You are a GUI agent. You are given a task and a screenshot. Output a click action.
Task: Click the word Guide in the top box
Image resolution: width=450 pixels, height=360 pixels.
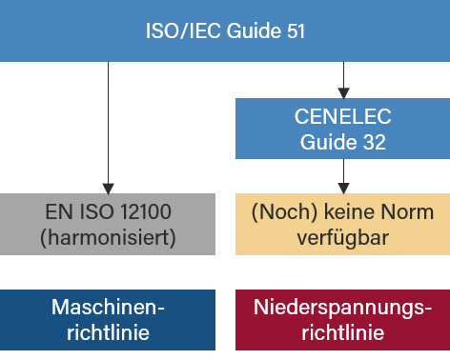252,31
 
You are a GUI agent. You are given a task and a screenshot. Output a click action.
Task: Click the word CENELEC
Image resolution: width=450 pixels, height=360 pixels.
343,118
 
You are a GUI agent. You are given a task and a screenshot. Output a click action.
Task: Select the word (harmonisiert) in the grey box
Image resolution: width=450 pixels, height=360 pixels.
108,237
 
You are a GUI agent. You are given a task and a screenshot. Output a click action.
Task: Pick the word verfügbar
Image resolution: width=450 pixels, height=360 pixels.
343,237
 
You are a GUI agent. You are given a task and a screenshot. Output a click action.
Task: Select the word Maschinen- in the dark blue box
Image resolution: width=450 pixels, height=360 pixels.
108,308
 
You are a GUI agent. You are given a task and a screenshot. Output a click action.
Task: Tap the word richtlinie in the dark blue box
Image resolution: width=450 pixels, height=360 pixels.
108,332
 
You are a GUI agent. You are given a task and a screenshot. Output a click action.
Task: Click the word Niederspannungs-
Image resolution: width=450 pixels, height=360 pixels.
343,308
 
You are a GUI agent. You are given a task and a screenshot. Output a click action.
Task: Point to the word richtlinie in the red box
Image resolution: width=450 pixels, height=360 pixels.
343,332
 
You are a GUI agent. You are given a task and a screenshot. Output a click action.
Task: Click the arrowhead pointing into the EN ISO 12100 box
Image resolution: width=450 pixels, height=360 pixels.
109,188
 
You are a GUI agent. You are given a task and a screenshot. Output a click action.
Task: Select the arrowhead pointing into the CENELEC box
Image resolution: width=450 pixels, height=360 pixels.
343,93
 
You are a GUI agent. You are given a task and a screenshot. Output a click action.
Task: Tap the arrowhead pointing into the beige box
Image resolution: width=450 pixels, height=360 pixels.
343,188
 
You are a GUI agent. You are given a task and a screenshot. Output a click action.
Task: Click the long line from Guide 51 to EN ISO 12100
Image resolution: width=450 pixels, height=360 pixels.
109,124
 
